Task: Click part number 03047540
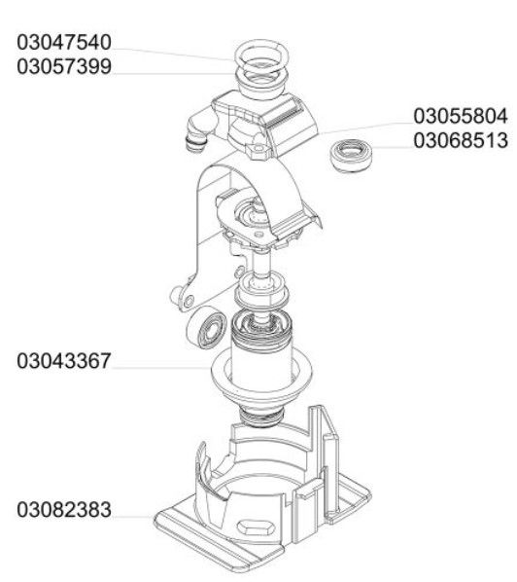pyautogui.click(x=64, y=42)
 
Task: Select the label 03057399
pyautogui.click(x=64, y=67)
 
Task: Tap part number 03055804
pyautogui.click(x=461, y=116)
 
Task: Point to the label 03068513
pyautogui.click(x=461, y=141)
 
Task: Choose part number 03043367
pyautogui.click(x=64, y=361)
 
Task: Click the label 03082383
pyautogui.click(x=64, y=510)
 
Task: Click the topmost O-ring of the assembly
pyautogui.click(x=261, y=41)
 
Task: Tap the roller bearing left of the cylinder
pyautogui.click(x=207, y=328)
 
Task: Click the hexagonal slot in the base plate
pyautogui.click(x=255, y=527)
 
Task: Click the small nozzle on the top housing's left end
pyautogui.click(x=194, y=144)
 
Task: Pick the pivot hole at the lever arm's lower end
pyautogui.click(x=190, y=301)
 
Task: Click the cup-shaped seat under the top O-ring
pyautogui.click(x=261, y=84)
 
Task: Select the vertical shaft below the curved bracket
pyautogui.click(x=261, y=266)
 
